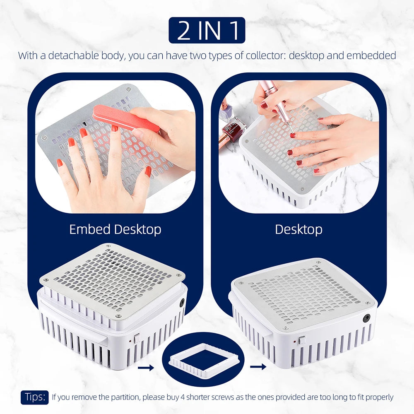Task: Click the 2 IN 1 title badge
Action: click(x=207, y=30)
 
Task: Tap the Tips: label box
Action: click(x=35, y=397)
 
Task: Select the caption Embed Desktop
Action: click(x=115, y=229)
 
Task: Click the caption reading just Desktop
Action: click(x=298, y=229)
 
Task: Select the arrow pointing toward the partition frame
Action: click(x=146, y=367)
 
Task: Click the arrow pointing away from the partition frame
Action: click(x=258, y=367)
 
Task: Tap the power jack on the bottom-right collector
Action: click(x=366, y=318)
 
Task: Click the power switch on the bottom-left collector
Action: click(x=137, y=338)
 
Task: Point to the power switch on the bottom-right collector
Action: click(x=301, y=340)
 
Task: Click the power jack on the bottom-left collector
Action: click(x=182, y=303)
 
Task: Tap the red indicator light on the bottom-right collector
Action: click(x=294, y=342)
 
